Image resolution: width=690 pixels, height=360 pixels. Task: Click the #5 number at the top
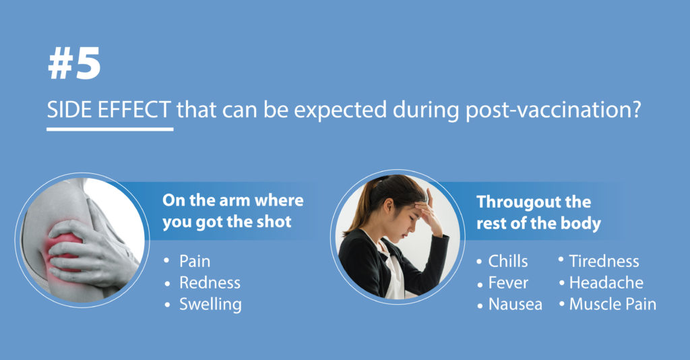coord(74,64)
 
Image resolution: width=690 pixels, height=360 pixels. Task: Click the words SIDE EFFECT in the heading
coord(109,110)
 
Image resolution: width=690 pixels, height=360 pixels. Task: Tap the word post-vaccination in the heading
coord(547,111)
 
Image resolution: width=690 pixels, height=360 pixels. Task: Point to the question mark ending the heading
coord(635,110)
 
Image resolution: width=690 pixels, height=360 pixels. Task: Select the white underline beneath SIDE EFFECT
coord(110,129)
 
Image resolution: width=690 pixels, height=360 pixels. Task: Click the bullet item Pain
coord(195,261)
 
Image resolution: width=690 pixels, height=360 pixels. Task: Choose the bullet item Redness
coord(210,282)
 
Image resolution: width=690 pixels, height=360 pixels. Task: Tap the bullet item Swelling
coord(210,305)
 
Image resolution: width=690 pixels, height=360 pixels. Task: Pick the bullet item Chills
coord(508,261)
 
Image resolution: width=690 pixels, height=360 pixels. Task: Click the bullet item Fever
coord(508,282)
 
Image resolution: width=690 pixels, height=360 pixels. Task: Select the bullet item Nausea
coord(515,304)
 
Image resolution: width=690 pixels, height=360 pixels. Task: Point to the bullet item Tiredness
coord(604,261)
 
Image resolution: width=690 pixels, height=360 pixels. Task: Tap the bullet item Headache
coord(606,282)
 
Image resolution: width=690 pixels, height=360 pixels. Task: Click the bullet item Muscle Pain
coord(613,304)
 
